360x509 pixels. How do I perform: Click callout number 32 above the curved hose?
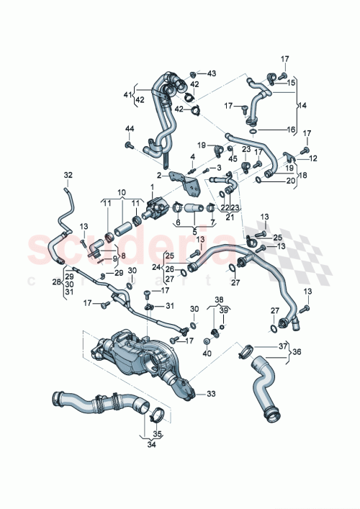68,175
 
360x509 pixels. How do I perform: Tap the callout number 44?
130,128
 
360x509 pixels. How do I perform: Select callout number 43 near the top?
211,73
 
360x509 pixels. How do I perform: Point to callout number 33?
211,394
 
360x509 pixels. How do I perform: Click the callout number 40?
207,353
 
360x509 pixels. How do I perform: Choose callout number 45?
232,159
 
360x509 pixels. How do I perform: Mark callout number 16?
291,130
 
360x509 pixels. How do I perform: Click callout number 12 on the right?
313,158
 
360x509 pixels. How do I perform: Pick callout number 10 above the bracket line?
122,192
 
